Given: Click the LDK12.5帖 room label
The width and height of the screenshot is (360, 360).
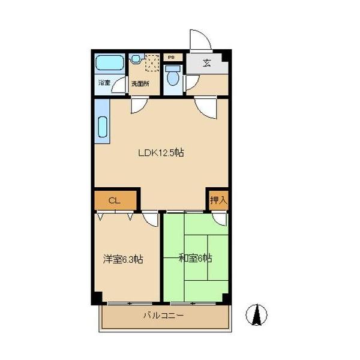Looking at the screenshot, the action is [x=161, y=152].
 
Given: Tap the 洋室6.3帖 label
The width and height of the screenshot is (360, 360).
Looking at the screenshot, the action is [x=123, y=259].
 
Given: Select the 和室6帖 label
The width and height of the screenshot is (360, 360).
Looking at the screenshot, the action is [x=196, y=258].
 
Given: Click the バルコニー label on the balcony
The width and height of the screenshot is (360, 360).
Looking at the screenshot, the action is [x=163, y=316].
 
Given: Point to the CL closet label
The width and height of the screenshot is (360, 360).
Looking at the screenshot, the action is [x=114, y=201].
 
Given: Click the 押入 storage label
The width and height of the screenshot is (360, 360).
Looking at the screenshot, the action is [x=219, y=200].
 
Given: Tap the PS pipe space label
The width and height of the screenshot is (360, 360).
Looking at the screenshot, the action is [x=171, y=58].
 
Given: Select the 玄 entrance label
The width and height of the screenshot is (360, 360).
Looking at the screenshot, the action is [x=206, y=62].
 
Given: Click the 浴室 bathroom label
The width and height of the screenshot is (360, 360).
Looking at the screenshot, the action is [x=104, y=83].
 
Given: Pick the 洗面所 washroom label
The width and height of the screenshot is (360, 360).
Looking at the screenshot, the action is [x=140, y=83].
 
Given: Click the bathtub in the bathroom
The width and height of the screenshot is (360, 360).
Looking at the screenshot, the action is [x=110, y=62].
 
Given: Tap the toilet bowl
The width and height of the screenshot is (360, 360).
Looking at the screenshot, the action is [x=173, y=79].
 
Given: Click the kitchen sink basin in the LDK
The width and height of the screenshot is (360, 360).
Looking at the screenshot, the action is [x=103, y=127].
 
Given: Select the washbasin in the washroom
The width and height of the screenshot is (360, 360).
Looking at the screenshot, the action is [x=136, y=58].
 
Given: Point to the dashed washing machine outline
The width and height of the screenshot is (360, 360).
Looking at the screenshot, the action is [x=152, y=62].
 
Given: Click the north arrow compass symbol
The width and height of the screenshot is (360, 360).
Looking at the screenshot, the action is [x=256, y=315].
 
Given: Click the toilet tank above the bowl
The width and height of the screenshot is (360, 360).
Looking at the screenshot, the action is [x=173, y=68].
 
